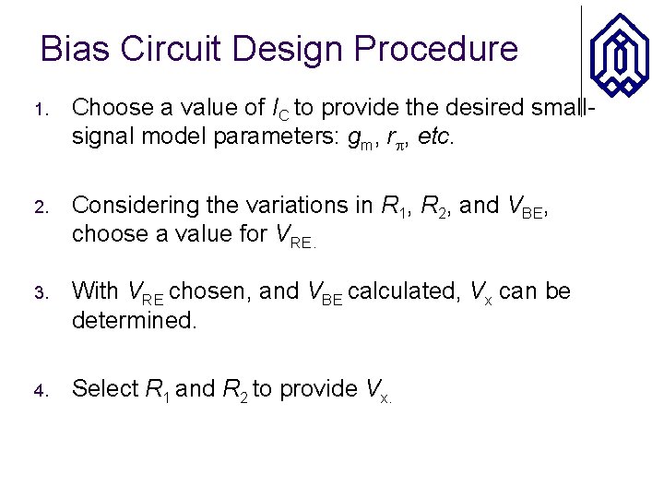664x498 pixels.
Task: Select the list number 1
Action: [x=41, y=110]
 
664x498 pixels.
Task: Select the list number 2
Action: [x=41, y=207]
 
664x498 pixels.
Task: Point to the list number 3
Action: [x=41, y=293]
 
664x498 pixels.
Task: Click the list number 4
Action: [x=41, y=390]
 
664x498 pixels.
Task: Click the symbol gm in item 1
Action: [x=363, y=139]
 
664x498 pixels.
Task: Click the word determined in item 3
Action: [x=134, y=322]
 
